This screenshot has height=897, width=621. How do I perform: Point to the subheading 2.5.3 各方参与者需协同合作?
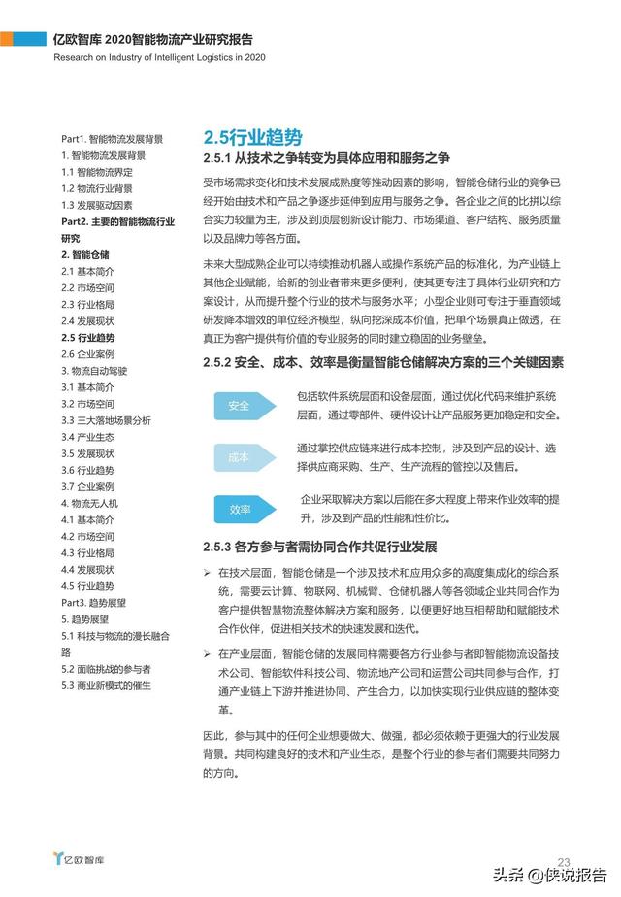click(x=320, y=547)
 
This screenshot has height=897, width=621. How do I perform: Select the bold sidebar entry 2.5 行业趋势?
click(x=87, y=337)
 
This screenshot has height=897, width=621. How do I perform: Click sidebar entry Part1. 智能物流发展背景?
click(x=112, y=139)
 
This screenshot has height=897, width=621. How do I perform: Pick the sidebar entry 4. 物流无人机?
click(x=89, y=503)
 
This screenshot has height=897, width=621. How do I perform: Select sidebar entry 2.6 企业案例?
click(x=87, y=354)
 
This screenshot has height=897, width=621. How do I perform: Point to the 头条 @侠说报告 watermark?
click(x=552, y=873)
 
